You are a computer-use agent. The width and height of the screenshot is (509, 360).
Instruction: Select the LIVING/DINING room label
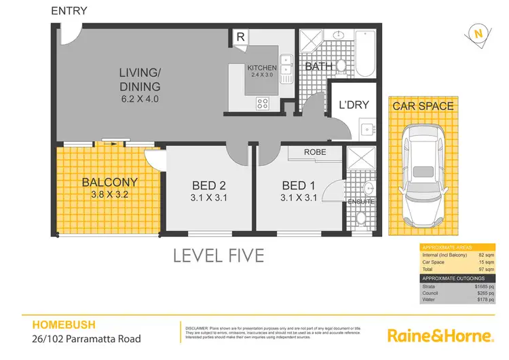tap(140, 79)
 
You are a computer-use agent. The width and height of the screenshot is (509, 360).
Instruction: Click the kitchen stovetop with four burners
tap(263, 103)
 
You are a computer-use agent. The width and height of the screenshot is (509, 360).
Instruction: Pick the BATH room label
tap(318, 67)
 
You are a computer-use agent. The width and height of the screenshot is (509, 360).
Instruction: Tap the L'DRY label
tap(354, 106)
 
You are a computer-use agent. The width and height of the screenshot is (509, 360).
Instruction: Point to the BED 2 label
tap(208, 185)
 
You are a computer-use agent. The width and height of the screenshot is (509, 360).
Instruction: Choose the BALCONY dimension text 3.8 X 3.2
tap(110, 194)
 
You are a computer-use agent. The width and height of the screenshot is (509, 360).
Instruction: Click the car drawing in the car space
tap(421, 177)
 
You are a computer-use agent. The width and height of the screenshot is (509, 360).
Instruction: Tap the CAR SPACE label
tap(422, 106)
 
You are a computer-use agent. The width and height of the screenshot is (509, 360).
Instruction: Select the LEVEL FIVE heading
tap(218, 256)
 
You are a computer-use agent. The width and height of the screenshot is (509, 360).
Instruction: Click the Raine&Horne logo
tap(439, 336)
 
